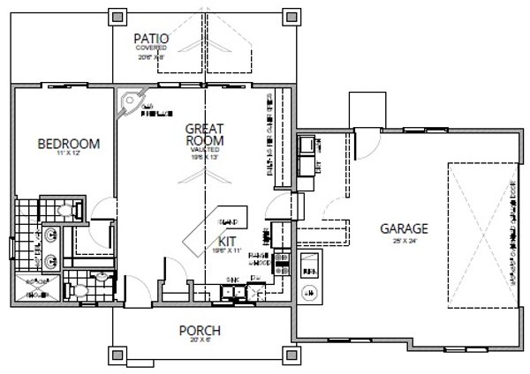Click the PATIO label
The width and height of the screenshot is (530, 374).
152,38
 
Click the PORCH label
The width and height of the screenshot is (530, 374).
199,332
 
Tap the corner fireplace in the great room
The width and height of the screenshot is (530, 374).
132,103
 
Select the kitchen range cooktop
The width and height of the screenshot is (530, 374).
282,261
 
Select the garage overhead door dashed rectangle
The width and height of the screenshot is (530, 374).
484,230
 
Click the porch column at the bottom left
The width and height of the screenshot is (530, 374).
112,356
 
